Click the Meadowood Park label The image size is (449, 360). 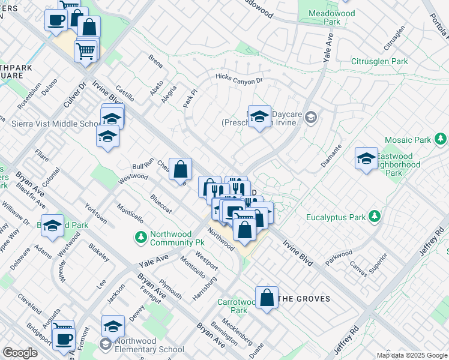(x=331, y=18)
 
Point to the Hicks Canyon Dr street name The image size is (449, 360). (x=240, y=79)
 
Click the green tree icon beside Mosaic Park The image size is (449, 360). (x=441, y=140)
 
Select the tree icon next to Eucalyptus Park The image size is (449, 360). (x=375, y=215)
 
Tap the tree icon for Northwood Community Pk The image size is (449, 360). (x=141, y=238)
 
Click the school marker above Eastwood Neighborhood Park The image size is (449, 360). (x=366, y=159)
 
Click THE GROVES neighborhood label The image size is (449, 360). (x=304, y=299)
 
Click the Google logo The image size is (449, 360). (x=20, y=353)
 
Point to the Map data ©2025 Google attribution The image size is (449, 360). (x=411, y=355)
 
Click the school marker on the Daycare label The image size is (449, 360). (x=259, y=116)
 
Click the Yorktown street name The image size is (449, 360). (x=96, y=212)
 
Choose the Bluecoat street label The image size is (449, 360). (x=161, y=203)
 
